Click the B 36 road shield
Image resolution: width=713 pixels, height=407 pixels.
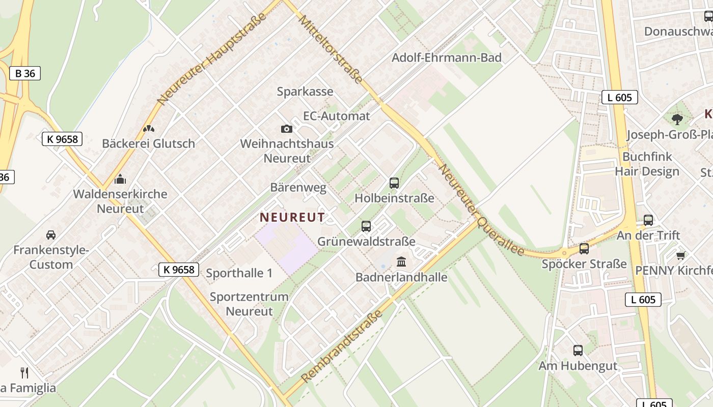[25, 73]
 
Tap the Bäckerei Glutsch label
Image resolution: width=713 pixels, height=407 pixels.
[148, 143]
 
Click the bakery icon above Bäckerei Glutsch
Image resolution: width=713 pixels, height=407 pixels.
[149, 129]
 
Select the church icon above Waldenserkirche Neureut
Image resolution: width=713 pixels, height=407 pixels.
[120, 179]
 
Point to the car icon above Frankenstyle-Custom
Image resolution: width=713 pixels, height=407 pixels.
[51, 235]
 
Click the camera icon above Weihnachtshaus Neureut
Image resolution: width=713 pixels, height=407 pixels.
[287, 129]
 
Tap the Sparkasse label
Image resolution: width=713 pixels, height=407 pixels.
[305, 92]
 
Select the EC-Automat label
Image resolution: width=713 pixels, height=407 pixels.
[336, 116]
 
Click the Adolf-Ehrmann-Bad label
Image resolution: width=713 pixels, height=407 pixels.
[446, 57]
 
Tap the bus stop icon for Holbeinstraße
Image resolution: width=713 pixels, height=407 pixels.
[394, 183]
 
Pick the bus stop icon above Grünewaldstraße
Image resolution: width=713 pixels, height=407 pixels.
[366, 226]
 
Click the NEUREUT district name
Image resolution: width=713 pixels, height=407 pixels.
[292, 217]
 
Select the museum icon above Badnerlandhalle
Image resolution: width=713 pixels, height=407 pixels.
[401, 262]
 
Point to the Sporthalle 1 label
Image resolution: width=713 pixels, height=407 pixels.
[239, 273]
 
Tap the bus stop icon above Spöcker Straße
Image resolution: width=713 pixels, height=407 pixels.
[584, 249]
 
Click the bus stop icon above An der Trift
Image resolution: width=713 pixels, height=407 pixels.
[648, 220]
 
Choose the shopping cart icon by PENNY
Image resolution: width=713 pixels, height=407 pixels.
[680, 255]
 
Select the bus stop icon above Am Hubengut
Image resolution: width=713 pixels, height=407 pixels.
[578, 351]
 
